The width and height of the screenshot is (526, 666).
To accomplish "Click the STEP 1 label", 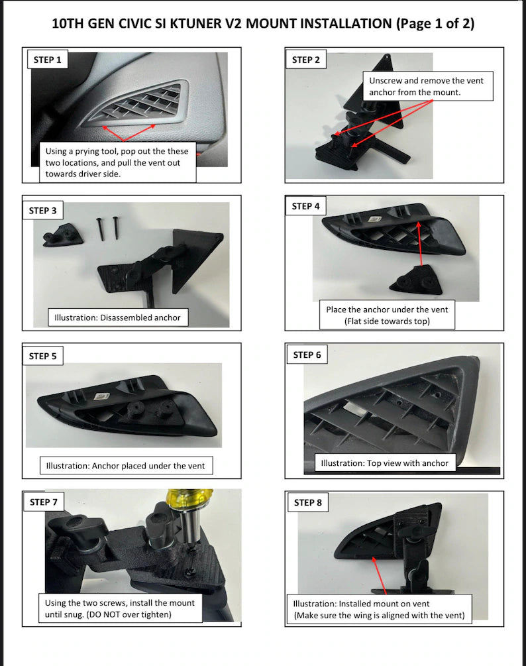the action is [47, 60].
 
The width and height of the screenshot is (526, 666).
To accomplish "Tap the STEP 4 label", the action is [305, 206].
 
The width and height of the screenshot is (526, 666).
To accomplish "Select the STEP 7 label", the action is [43, 502].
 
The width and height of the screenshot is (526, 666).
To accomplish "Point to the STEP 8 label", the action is [308, 502].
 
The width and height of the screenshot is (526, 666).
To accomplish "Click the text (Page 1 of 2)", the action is [435, 24].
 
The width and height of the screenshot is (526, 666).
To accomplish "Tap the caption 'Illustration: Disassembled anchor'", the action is [117, 317].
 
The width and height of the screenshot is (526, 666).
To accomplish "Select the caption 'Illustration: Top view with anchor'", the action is [385, 463].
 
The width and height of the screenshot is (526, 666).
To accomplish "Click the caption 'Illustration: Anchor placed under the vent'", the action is [125, 465].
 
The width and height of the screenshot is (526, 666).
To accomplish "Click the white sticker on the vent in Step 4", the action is [374, 219].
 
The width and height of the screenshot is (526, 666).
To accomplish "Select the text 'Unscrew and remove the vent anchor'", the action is [426, 86].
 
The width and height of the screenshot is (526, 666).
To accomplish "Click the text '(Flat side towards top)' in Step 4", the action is [387, 321].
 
